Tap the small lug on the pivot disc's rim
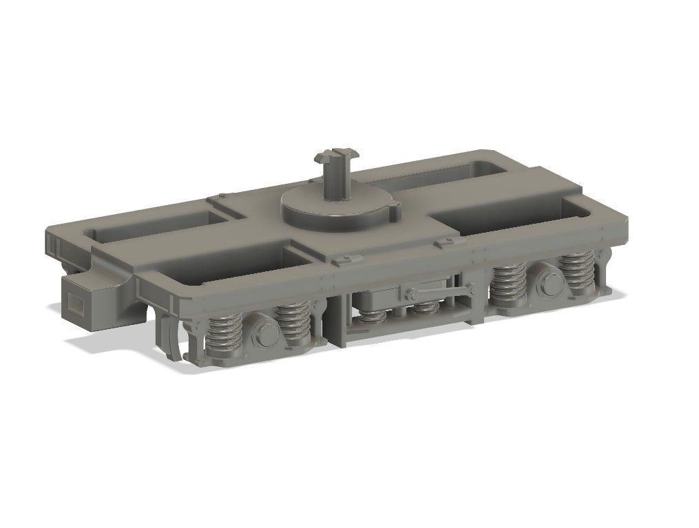pos(393,204)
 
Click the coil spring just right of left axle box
pos(292,324)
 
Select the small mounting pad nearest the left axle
pos(346,259)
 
